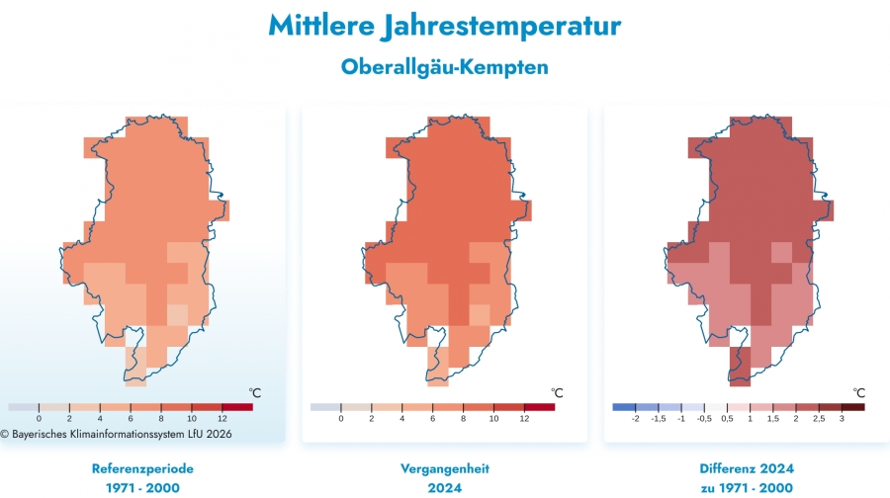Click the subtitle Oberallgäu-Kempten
[444, 67]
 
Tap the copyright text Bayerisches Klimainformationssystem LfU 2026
[116, 433]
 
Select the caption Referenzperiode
[142, 468]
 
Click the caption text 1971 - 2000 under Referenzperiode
[142, 488]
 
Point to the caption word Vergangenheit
[444, 468]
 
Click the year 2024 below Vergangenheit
[444, 488]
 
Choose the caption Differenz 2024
[748, 468]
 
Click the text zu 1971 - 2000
[748, 488]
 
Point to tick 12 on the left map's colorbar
[222, 419]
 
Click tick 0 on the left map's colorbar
[39, 419]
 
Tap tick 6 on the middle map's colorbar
[433, 419]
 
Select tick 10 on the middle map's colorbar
[493, 419]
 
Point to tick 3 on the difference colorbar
[842, 419]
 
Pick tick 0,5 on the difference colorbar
[728, 419]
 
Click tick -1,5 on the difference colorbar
[658, 419]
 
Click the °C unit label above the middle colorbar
[557, 392]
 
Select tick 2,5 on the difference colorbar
[819, 419]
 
